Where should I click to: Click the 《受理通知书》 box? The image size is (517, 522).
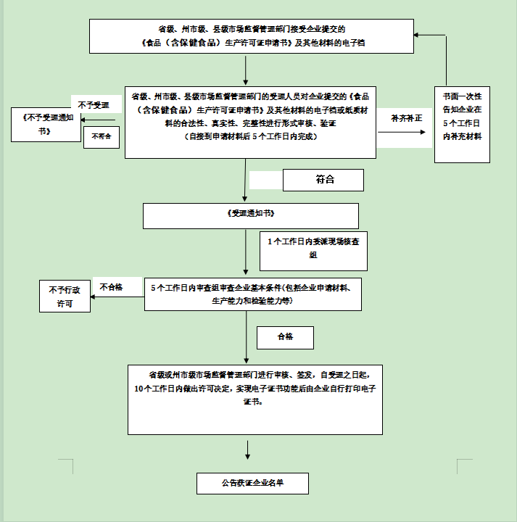tap(250, 215)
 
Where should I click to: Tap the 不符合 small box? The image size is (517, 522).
tap(102, 137)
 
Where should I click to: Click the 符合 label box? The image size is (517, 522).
tap(323, 180)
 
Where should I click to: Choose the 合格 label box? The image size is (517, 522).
tap(285, 337)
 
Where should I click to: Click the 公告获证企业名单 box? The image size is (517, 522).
tap(252, 482)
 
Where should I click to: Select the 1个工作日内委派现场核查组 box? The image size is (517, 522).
tap(313, 250)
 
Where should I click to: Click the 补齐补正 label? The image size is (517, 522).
tap(405, 117)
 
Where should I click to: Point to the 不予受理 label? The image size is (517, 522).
tap(94, 105)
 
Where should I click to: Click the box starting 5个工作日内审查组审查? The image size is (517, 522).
tap(252, 294)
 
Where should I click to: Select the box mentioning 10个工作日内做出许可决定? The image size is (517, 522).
tap(255, 399)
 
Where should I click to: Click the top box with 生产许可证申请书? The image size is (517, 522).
tap(251, 36)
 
